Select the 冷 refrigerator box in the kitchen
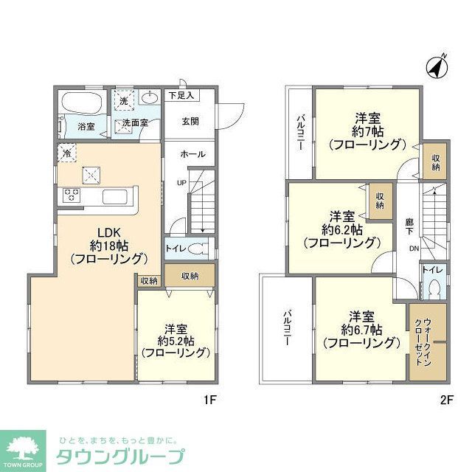66,156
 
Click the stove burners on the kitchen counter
72,195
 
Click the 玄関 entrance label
190,122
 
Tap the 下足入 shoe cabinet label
180,95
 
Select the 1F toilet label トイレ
176,249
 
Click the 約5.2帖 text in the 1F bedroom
175,341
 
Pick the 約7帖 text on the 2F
367,131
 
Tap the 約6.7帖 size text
361,329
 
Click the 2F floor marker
445,401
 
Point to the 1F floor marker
209,401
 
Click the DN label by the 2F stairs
414,249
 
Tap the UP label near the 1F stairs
180,181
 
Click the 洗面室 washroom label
135,122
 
